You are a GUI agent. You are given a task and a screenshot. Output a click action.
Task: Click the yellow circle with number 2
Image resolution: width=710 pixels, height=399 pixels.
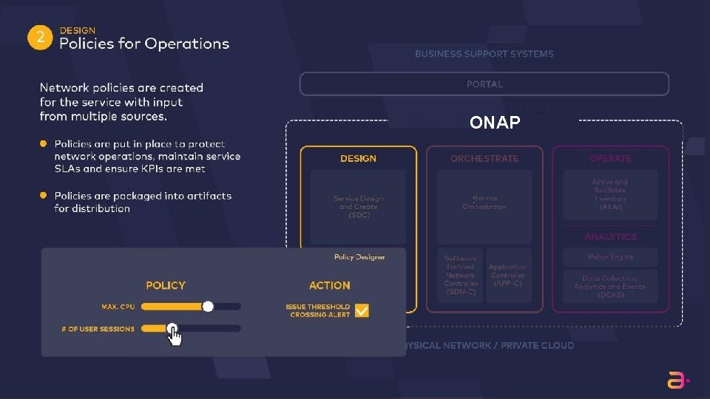(x=40, y=38)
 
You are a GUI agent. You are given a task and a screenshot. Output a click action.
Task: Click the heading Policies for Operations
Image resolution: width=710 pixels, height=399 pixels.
(x=144, y=44)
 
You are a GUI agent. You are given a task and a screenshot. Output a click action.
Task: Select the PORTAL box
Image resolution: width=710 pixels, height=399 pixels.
(x=484, y=84)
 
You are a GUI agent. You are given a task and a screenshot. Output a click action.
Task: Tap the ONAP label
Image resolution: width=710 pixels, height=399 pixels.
(x=495, y=123)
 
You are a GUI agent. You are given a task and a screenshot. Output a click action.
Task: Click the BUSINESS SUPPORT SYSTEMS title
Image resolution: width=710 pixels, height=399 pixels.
(x=484, y=54)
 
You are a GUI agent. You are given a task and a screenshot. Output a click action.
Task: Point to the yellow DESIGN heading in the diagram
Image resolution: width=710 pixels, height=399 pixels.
(x=358, y=159)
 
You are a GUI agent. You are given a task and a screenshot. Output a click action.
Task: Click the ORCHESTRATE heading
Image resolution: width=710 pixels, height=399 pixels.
(x=484, y=159)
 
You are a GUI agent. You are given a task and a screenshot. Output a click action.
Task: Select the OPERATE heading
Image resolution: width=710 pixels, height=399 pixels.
(x=610, y=159)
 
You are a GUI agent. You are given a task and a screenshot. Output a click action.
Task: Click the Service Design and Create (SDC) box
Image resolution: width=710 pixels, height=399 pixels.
(x=358, y=207)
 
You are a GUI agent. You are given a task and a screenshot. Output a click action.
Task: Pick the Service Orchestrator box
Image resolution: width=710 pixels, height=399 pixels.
(x=484, y=203)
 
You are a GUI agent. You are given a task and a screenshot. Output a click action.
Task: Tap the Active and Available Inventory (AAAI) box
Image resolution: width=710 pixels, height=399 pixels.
(x=610, y=194)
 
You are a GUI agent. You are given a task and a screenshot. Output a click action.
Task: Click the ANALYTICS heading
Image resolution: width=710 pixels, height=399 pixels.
(x=610, y=237)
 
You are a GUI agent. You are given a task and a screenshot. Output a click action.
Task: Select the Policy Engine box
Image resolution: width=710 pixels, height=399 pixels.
(x=610, y=257)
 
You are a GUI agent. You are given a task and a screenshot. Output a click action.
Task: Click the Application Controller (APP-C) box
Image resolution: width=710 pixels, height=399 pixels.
(x=508, y=276)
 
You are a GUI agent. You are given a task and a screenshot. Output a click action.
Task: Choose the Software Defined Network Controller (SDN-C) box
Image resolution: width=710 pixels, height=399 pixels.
(x=461, y=276)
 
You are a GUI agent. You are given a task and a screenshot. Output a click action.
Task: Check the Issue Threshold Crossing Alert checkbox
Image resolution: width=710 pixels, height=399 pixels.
(x=362, y=311)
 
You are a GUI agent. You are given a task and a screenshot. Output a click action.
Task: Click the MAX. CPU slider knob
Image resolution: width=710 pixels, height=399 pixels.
(x=208, y=306)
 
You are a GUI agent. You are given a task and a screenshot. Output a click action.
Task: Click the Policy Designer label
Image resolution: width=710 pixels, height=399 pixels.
(x=359, y=257)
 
